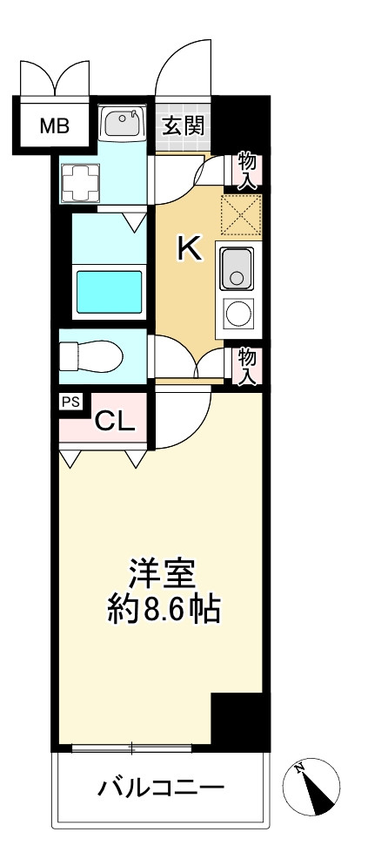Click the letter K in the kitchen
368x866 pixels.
(189, 248)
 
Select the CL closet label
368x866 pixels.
(115, 423)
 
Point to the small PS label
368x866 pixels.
(70, 402)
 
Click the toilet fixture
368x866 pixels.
(89, 356)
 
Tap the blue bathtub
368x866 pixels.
(109, 292)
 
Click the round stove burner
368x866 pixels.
(237, 312)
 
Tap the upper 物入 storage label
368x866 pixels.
(247, 171)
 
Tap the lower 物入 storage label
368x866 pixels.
(247, 366)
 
